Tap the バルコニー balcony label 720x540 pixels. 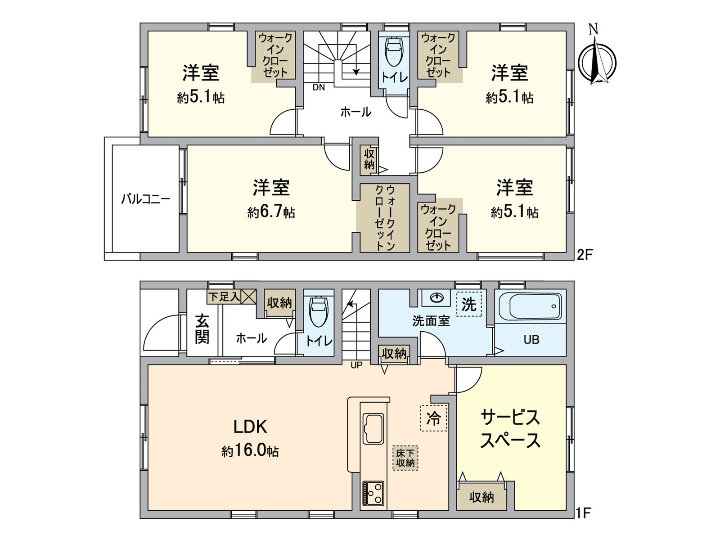(145, 199)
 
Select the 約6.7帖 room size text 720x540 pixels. (271, 212)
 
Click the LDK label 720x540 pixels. (250, 426)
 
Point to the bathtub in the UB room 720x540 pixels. (535, 306)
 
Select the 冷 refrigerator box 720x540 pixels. (433, 418)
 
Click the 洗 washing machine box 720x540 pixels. (469, 304)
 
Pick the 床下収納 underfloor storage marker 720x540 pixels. (405, 458)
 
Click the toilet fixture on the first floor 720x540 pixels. (319, 310)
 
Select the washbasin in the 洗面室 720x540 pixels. (436, 297)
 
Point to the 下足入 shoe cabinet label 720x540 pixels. (224, 297)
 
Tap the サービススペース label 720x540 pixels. (510, 429)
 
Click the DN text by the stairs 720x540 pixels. (319, 87)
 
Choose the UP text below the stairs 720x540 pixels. (356, 365)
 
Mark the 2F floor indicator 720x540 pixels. (585, 255)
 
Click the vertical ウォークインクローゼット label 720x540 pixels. (385, 217)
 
